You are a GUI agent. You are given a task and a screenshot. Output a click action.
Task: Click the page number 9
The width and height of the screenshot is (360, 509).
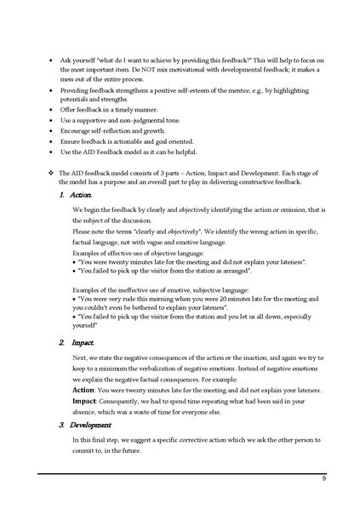pos(324,478)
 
